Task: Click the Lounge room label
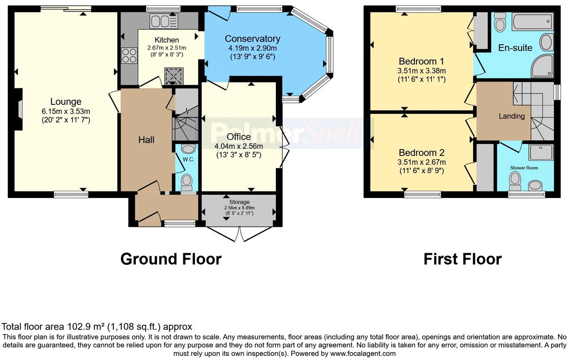pyautogui.click(x=66, y=102)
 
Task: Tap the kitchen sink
pyautogui.click(x=164, y=21)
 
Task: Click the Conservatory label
pyautogui.click(x=252, y=39)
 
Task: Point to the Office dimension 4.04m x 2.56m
pyautogui.click(x=238, y=146)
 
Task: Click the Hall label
pyautogui.click(x=146, y=140)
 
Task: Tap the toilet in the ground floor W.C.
pyautogui.click(x=186, y=182)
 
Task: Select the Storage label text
pyautogui.click(x=239, y=202)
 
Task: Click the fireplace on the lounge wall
pyautogui.click(x=19, y=109)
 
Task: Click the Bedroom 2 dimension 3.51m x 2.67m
pyautogui.click(x=422, y=162)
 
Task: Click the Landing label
pyautogui.click(x=511, y=116)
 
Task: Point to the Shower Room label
pyautogui.click(x=524, y=168)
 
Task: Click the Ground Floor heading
pyautogui.click(x=171, y=259)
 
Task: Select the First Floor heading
pyautogui.click(x=462, y=259)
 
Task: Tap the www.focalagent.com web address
pyautogui.click(x=363, y=353)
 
